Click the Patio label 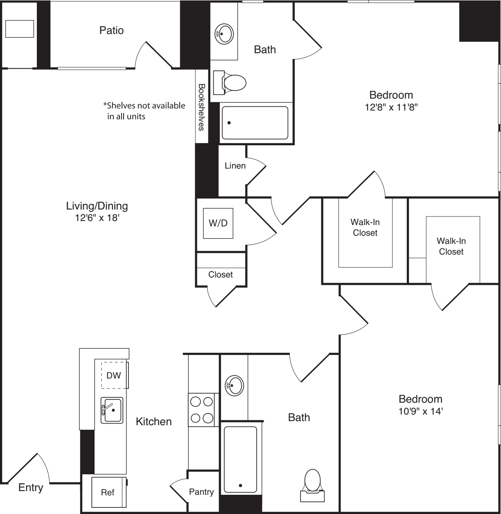point(111,30)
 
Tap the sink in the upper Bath point(224,33)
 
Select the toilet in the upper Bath point(233,82)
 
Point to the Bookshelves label point(201,107)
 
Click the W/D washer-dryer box point(218,223)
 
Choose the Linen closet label point(235,166)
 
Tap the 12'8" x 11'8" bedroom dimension point(391,107)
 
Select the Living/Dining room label point(97,206)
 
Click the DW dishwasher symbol point(114,375)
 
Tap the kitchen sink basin point(112,410)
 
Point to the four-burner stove point(202,410)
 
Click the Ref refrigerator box point(108,492)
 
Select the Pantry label point(201,491)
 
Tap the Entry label point(31,487)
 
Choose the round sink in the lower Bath point(235,385)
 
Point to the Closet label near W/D point(221,275)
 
